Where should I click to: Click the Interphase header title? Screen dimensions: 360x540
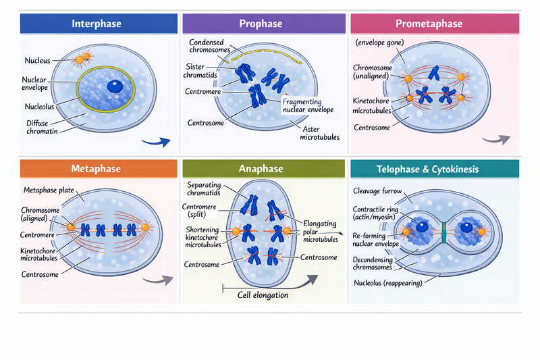(x=97, y=24)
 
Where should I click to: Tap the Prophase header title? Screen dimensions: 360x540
(x=261, y=24)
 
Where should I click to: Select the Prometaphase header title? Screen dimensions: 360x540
(x=429, y=24)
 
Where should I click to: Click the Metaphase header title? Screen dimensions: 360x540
(x=97, y=169)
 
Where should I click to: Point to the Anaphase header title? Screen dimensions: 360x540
(x=261, y=169)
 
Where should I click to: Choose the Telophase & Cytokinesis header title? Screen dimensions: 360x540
(x=429, y=169)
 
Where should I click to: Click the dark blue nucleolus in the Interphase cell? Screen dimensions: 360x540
(x=115, y=86)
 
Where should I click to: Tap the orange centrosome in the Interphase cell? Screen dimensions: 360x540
(x=80, y=59)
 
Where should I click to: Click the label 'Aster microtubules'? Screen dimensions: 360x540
(x=319, y=132)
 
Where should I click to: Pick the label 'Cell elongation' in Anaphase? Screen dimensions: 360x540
(x=263, y=295)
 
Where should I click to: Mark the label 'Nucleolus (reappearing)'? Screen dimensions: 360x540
(x=388, y=283)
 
